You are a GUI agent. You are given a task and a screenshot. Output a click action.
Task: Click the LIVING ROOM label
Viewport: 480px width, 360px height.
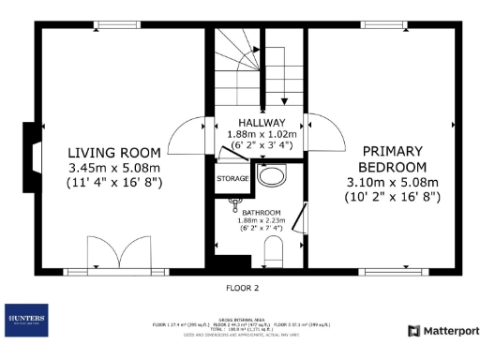coord(113,152)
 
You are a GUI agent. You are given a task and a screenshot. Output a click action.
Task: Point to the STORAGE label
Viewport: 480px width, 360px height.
coord(232,177)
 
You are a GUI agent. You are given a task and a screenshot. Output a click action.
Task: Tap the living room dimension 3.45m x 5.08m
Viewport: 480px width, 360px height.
coord(114,168)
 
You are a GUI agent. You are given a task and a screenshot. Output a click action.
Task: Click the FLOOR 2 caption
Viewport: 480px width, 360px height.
coord(243,288)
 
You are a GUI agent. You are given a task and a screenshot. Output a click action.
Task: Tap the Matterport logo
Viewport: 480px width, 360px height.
coord(443,330)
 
